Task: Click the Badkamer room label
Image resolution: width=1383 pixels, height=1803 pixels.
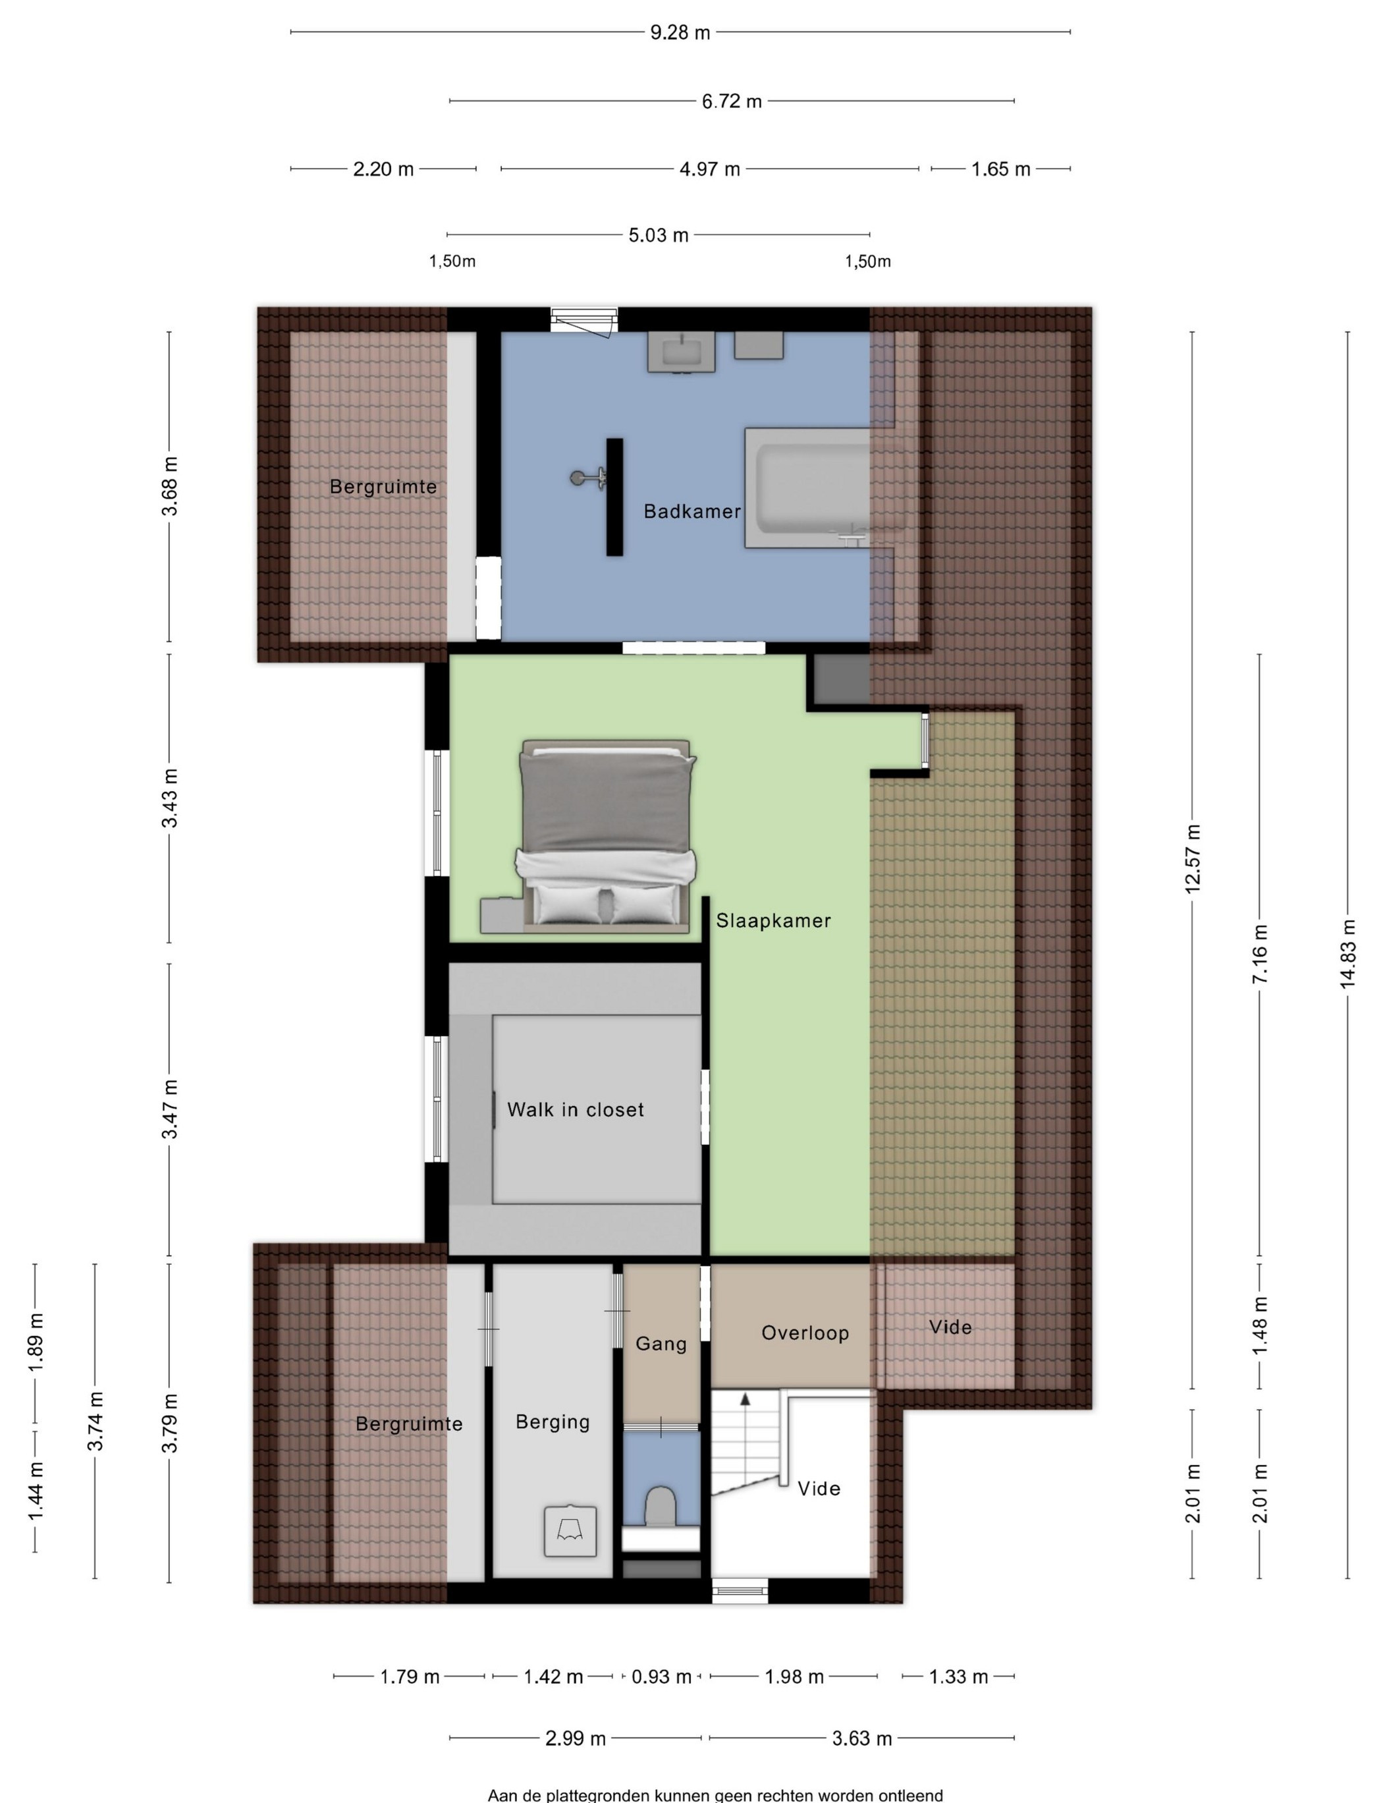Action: click(692, 511)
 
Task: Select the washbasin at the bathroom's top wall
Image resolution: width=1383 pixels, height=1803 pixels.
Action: click(681, 352)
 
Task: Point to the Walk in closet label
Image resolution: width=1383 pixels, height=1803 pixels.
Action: click(576, 1110)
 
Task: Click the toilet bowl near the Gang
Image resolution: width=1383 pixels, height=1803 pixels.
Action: click(660, 1506)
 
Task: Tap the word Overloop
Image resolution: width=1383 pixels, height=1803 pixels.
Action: click(805, 1333)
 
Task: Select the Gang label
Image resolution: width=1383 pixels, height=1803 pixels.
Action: click(661, 1344)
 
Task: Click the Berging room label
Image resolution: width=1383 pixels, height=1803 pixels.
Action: click(553, 1422)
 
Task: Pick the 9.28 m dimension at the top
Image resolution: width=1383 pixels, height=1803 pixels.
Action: click(680, 33)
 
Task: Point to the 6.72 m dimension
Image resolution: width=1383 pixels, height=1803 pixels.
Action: click(732, 101)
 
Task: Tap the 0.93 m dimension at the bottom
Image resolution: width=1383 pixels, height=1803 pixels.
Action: click(661, 1677)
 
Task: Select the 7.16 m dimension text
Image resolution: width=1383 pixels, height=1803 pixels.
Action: click(1259, 954)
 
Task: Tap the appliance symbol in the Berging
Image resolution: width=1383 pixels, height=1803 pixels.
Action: click(570, 1530)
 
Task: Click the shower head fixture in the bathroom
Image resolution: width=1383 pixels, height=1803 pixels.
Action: click(587, 478)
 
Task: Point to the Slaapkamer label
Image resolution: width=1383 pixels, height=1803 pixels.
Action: click(773, 920)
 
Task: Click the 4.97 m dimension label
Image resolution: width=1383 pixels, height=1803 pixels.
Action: click(710, 169)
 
